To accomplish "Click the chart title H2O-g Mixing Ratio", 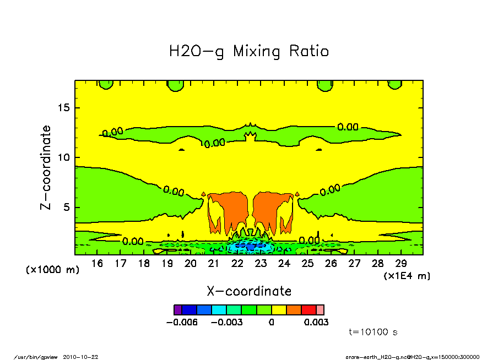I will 249,52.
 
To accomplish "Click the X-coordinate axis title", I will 249,291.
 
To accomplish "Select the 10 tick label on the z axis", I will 64,157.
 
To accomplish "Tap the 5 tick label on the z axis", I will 67,208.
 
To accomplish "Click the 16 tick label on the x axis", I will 97,264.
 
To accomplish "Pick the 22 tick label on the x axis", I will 237,264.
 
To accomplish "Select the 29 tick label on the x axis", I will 401,264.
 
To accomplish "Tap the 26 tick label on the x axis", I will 331,264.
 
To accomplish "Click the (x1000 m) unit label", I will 53,270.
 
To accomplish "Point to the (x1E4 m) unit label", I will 407,275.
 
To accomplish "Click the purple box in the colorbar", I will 177,310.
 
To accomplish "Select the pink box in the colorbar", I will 320,310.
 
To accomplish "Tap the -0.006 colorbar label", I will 182,323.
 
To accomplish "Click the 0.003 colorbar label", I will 316,323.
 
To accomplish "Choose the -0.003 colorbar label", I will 227,323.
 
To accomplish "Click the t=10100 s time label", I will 373,332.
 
